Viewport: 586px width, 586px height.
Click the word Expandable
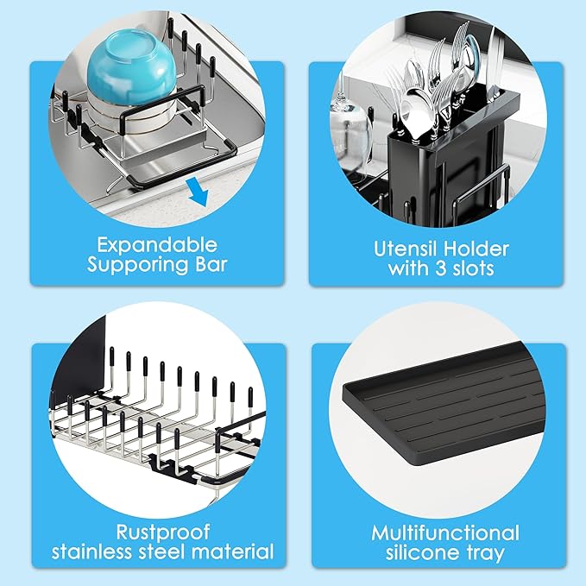[157, 246]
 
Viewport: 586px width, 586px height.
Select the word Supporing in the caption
[137, 265]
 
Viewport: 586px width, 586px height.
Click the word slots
[473, 268]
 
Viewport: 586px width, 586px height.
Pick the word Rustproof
[162, 532]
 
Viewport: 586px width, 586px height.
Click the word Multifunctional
[445, 533]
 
